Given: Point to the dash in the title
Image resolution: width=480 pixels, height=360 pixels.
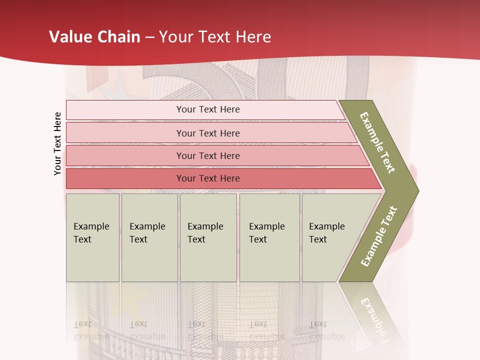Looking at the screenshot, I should coord(149,37).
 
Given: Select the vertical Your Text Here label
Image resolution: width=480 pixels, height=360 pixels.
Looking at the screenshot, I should coord(57,143).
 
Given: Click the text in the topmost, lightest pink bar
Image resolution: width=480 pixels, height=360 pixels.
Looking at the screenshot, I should coord(208,109).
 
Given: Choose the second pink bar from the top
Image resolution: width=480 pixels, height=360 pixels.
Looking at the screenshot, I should coord(208,133).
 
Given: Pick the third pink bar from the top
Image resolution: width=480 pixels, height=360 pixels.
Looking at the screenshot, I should coord(208,155).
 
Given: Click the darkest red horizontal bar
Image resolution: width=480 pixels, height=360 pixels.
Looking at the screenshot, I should coord(208,178).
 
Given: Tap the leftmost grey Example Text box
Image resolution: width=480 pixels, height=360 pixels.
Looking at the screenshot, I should coord(92,237).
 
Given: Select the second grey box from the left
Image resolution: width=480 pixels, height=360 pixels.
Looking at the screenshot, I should coord(149,237).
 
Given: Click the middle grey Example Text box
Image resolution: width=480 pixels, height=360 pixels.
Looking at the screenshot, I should coord(208,237).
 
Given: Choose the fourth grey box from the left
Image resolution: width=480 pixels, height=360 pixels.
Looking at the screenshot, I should coord(269,237).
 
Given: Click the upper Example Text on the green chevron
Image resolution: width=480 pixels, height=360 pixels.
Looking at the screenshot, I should coord(377,142).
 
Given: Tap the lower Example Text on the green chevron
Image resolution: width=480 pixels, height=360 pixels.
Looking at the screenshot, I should coord(379,236).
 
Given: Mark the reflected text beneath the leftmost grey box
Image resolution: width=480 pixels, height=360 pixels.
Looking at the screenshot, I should coord(91,330).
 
